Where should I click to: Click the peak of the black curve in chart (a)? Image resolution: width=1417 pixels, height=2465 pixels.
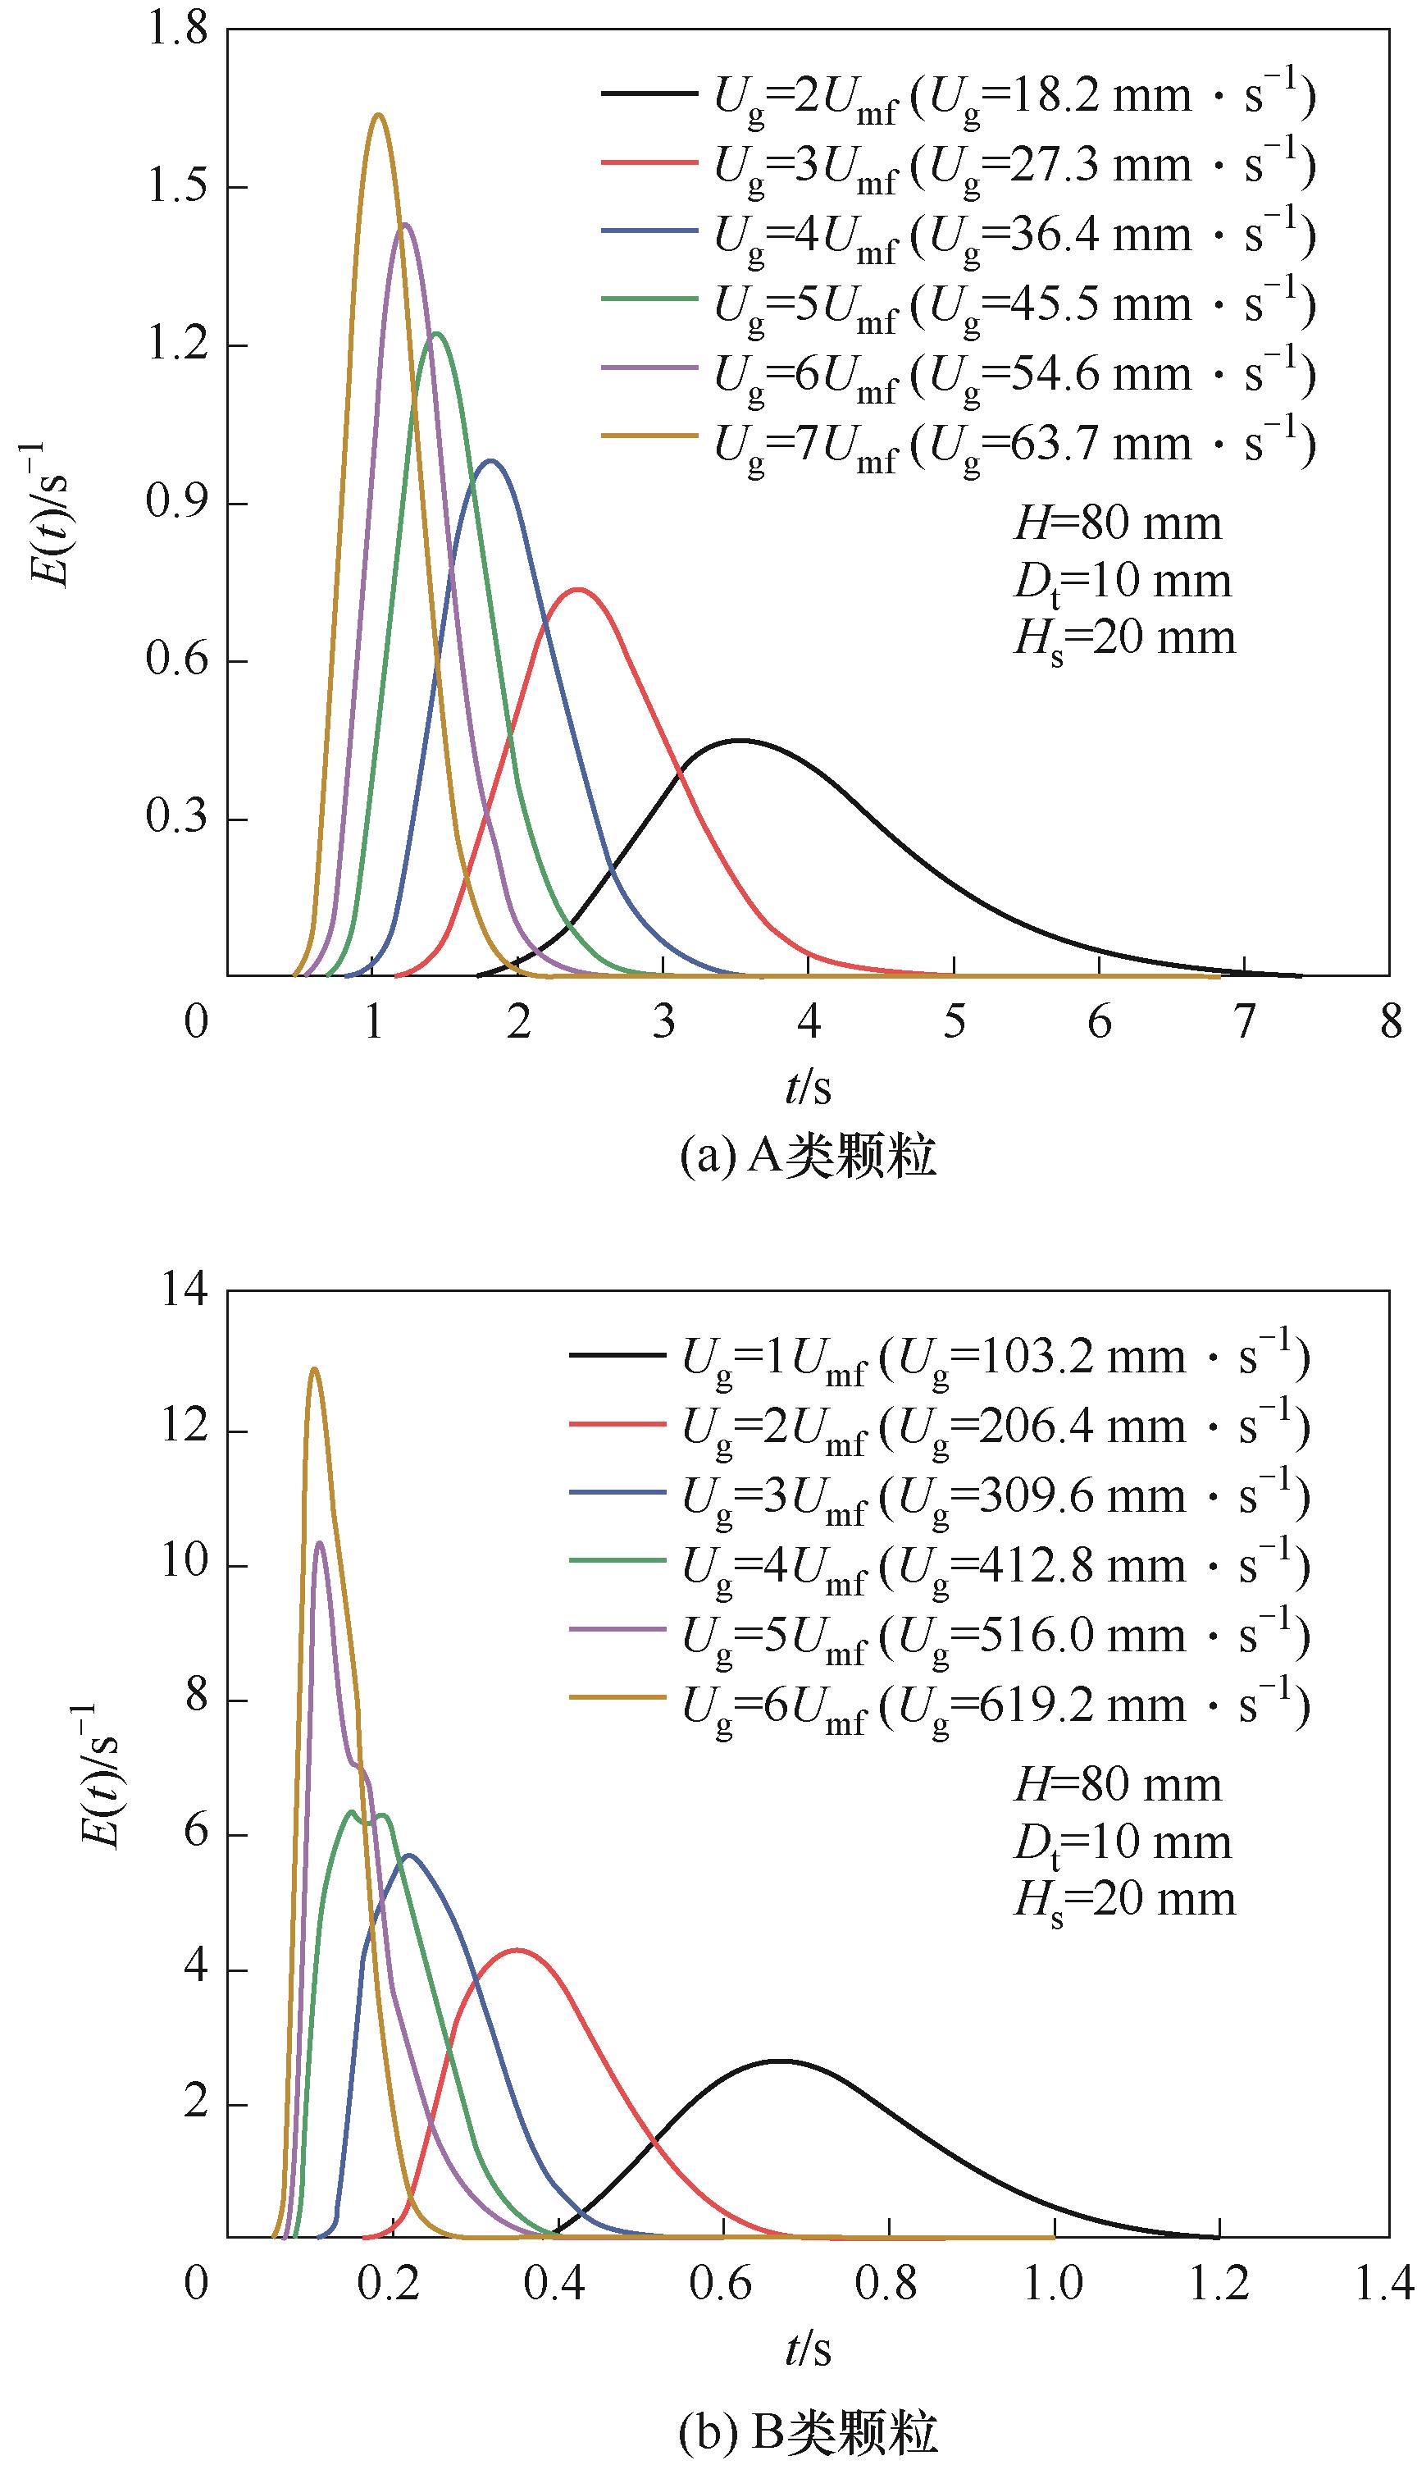tap(740, 741)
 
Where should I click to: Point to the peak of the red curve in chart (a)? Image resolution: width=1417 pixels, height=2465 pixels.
tap(578, 589)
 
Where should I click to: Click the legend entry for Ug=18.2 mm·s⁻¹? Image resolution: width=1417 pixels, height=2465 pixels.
tap(958, 96)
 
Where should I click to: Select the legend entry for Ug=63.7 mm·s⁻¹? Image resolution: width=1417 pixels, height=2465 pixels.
tap(958, 444)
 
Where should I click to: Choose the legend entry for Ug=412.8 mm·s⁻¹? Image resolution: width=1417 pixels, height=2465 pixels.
tap(938, 1567)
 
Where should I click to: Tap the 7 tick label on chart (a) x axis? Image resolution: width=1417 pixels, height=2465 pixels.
tap(1245, 1022)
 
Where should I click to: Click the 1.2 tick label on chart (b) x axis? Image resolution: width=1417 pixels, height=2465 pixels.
tap(1219, 2284)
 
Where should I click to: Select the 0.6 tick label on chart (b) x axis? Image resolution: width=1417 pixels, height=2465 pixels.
tap(722, 2284)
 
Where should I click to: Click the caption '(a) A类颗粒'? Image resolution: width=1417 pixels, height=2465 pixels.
tap(808, 1157)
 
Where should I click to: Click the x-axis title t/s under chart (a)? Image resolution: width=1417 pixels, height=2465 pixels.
tap(808, 1088)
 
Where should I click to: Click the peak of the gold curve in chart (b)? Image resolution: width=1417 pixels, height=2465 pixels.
tap(313, 1369)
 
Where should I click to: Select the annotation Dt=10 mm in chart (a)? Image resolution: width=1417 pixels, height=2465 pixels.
tap(1122, 582)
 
